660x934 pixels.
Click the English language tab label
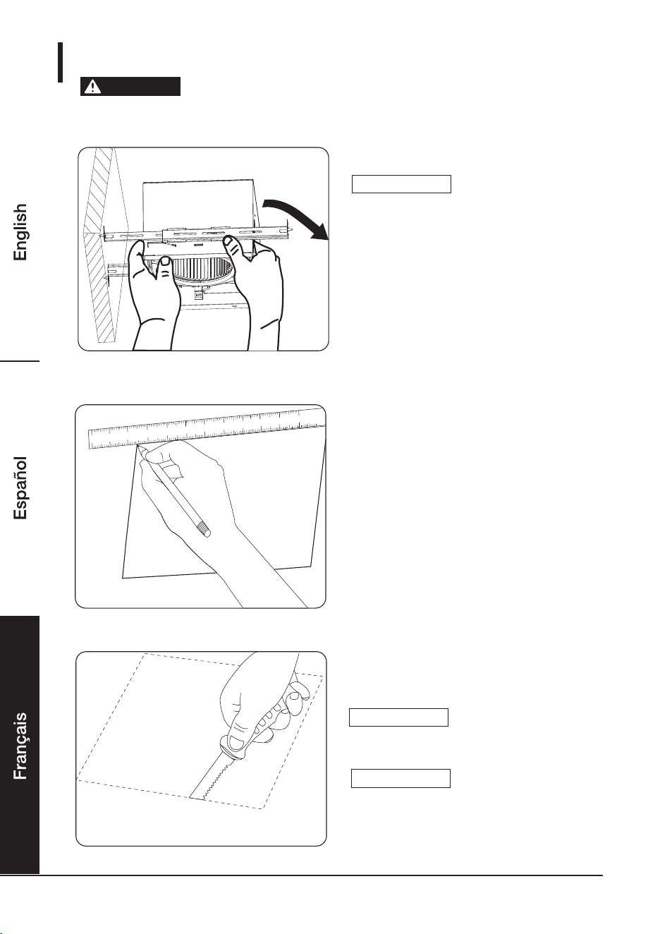pos(20,232)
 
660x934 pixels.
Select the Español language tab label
pos(20,488)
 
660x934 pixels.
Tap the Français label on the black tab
pos(20,746)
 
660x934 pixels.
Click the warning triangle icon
pos(92,86)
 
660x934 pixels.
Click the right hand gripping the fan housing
pos(254,292)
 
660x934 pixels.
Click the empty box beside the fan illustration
pos(401,184)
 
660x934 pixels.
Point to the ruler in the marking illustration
pos(207,429)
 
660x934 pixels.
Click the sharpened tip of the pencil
pos(137,446)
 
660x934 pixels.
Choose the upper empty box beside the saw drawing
pos(398,717)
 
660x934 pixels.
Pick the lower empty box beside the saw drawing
pos(401,778)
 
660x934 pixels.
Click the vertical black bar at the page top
pos(61,62)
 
